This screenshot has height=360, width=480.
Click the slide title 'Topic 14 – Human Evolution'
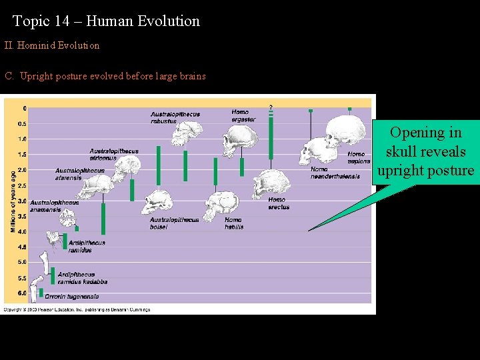click(106, 21)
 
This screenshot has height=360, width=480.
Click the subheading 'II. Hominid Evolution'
click(52, 45)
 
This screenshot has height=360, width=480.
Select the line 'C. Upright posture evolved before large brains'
click(105, 76)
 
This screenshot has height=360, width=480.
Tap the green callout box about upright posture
click(425, 152)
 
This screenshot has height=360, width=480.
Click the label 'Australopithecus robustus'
click(175, 118)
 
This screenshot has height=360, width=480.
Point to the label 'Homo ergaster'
click(243, 115)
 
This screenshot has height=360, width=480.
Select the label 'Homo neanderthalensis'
click(335, 173)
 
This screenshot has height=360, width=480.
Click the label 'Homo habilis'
click(233, 223)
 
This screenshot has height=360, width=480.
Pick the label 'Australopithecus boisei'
click(174, 223)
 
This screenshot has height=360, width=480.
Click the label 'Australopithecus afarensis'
click(79, 174)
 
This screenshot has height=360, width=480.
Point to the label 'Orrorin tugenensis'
click(71, 296)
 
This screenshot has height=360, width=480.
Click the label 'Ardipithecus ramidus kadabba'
click(82, 278)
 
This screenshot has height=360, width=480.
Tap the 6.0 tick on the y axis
click(22, 293)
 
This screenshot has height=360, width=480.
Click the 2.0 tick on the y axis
click(22, 170)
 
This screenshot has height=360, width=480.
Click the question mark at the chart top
click(271, 107)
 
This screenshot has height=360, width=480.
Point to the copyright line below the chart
click(77, 309)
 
